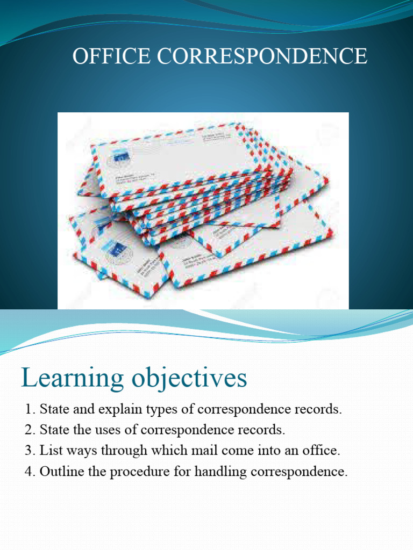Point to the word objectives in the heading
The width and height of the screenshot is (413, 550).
pos(190,379)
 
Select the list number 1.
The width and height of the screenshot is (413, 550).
pos(29,409)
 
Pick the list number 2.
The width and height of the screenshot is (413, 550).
pos(29,430)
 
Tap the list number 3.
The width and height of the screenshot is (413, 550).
pos(29,451)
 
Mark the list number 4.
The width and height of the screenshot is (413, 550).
pos(29,472)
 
